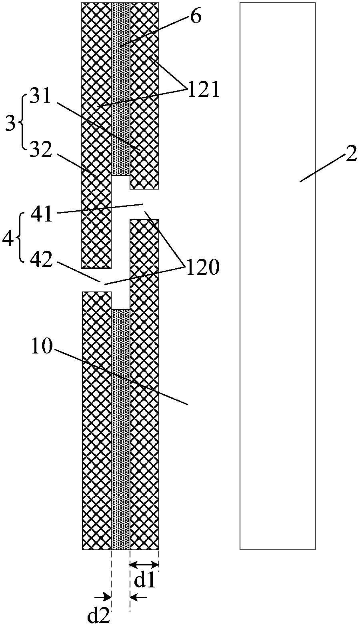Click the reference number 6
tap(196, 18)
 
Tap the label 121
tap(203, 90)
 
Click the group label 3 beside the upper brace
tap(10, 124)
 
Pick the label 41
tap(42, 214)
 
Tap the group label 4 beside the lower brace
tap(8, 240)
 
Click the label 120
tap(202, 267)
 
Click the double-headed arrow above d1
tap(144, 565)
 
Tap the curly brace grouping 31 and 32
tap(21, 124)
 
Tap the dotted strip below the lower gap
tap(120, 428)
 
